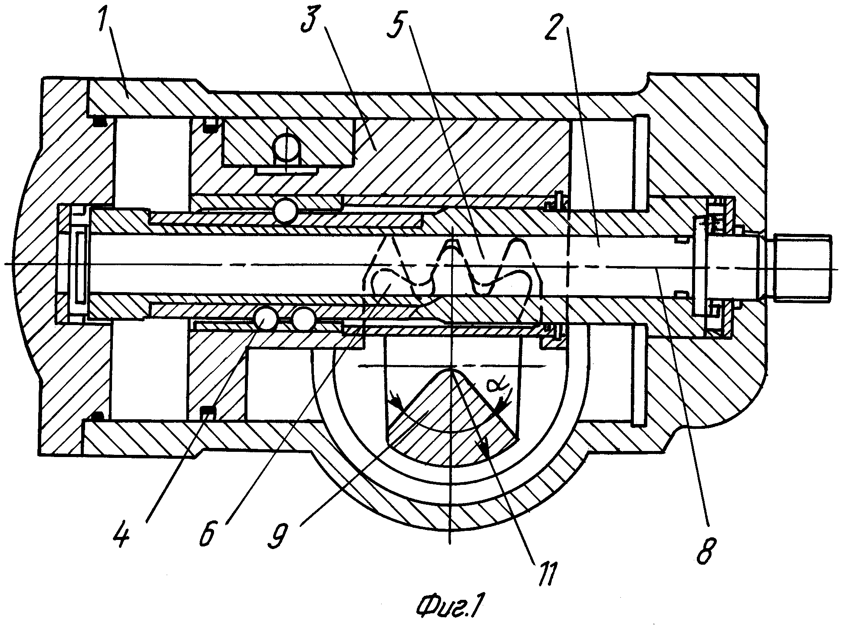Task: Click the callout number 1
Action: point(105,20)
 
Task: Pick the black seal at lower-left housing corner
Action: point(96,416)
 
